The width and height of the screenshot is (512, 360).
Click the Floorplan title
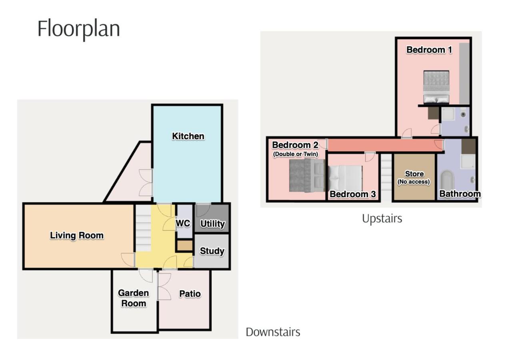pos(79,29)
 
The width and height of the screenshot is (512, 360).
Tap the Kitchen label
pos(188,136)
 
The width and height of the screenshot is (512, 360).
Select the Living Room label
pos(77,236)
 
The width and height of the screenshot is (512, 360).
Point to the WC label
pos(183,223)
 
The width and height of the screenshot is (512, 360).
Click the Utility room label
pos(212,224)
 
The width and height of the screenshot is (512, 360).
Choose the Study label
pos(212,251)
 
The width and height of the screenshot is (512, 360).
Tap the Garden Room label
pos(134,298)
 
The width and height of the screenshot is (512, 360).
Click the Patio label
pos(190,294)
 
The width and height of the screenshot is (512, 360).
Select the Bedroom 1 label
pos(429,50)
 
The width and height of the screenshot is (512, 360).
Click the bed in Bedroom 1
pos(436,87)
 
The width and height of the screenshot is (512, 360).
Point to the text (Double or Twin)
pos(296,154)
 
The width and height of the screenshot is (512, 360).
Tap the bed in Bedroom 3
pos(345,178)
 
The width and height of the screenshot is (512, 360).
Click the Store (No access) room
pos(414,177)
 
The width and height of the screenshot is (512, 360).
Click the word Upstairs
pos(382,219)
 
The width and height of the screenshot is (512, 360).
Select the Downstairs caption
pos(273,332)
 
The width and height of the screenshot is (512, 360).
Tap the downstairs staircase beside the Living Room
pos(144,228)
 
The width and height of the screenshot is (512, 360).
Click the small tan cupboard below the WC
pos(185,246)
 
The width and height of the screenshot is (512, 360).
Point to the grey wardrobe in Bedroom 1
pos(464,74)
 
